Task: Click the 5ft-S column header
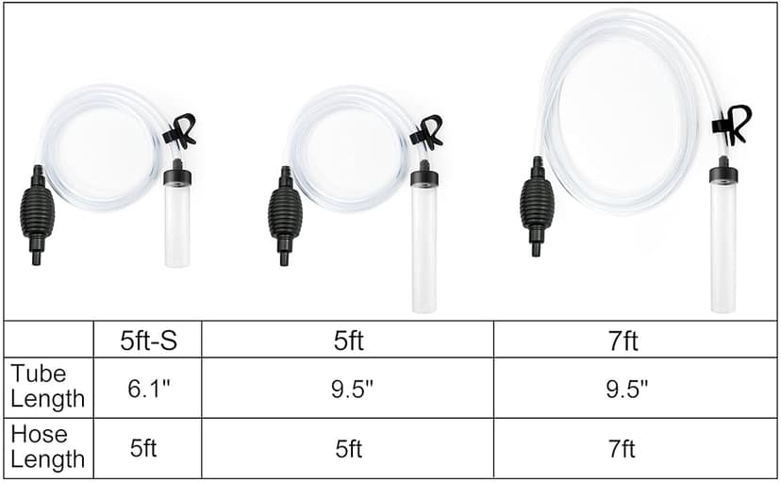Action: point(148,340)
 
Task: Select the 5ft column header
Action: point(348,340)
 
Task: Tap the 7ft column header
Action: point(623,340)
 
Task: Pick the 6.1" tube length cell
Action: point(148,388)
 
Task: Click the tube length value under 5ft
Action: point(348,388)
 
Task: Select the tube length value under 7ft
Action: point(623,388)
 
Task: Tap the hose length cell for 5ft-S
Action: point(144,448)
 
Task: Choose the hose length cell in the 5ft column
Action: point(348,448)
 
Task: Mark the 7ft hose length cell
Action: point(623,448)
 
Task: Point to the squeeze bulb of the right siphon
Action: point(537,205)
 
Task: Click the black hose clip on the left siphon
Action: point(180,131)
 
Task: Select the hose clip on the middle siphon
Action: point(427,132)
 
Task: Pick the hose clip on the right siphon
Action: point(733,124)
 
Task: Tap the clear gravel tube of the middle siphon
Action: point(424,247)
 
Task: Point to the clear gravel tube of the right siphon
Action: point(723,247)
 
